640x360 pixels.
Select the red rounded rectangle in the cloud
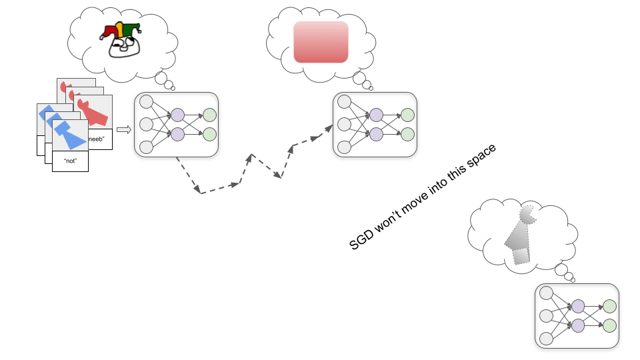pyautogui.click(x=321, y=42)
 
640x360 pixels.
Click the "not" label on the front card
pyautogui.click(x=70, y=161)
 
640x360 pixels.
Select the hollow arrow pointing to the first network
pyautogui.click(x=123, y=129)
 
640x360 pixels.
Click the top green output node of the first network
pyautogui.click(x=209, y=115)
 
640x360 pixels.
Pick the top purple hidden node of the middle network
pyautogui.click(x=376, y=115)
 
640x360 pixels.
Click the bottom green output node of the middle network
pyautogui.click(x=407, y=134)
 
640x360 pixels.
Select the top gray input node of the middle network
pyautogui.click(x=344, y=102)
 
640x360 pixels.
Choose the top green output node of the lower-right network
pyautogui.click(x=609, y=306)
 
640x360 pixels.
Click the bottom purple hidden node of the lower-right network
pyautogui.click(x=577, y=325)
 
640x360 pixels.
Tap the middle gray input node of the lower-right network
pyautogui.click(x=546, y=315)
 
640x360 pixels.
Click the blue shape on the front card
pyautogui.click(x=67, y=133)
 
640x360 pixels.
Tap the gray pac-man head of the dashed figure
pyautogui.click(x=527, y=215)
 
